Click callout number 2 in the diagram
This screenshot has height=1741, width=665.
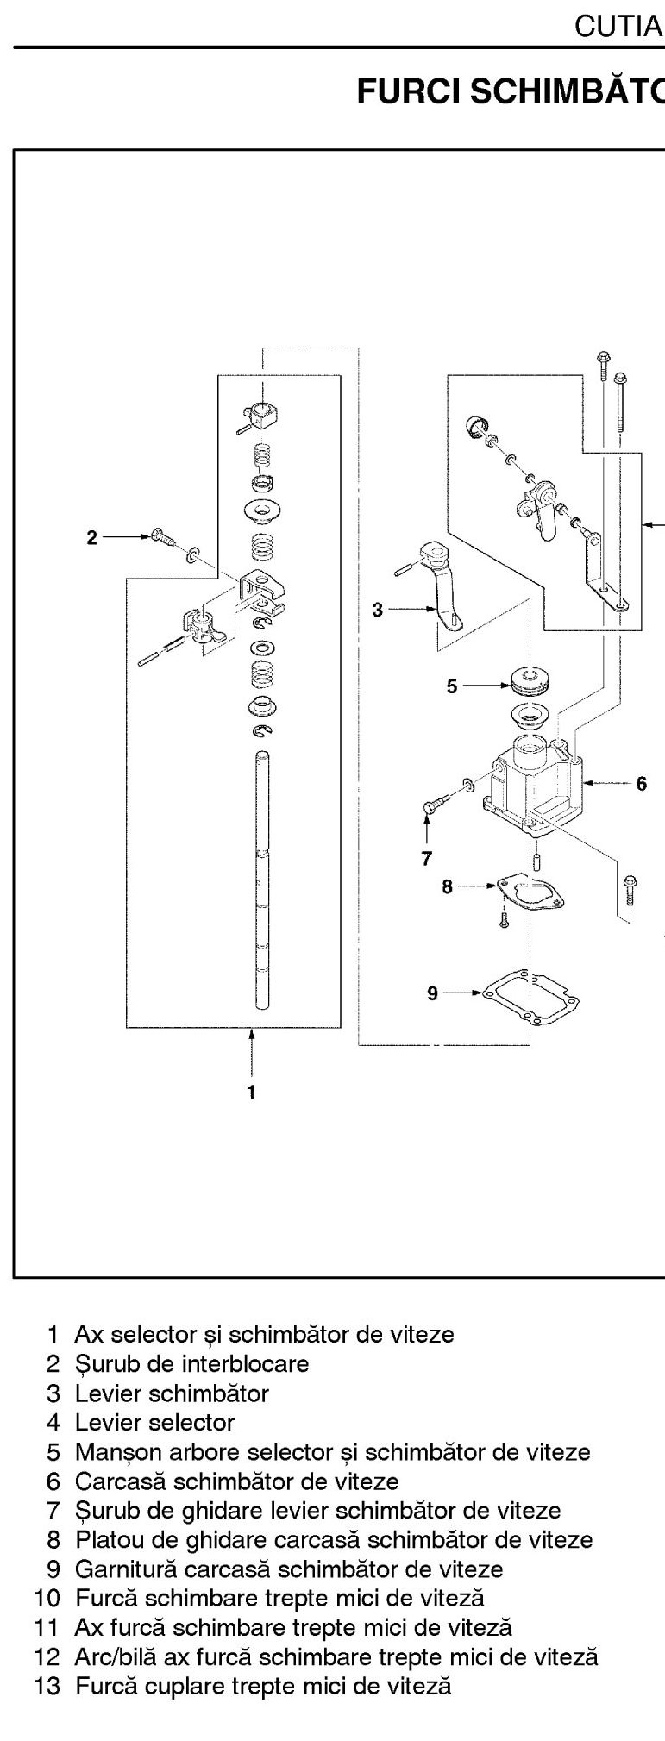coord(92,537)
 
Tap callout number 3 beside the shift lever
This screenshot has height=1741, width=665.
coord(377,610)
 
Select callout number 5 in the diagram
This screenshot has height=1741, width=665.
coord(451,686)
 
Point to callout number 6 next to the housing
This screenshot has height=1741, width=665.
coord(641,784)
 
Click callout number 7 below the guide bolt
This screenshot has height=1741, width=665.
coord(427,858)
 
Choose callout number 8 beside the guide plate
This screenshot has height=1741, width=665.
coord(447,886)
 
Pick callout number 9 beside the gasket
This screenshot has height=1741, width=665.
coord(433,993)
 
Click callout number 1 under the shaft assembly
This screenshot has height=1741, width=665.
coord(251,1092)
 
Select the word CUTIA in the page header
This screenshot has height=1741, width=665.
coord(618,27)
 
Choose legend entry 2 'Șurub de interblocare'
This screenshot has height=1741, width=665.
coord(178,1363)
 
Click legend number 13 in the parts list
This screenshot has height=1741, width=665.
coord(47,1684)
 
